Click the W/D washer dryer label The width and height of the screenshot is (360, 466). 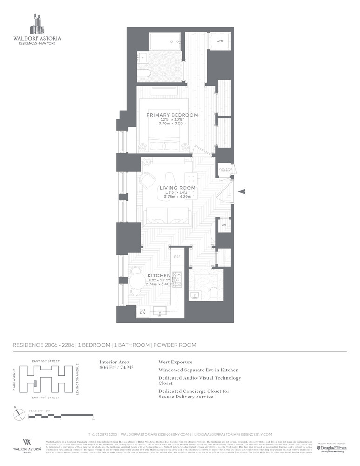pos(219,42)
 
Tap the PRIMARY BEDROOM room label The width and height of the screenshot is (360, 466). pos(172,115)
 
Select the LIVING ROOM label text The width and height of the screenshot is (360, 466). pos(177,188)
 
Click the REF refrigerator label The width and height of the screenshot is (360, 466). pos(177,257)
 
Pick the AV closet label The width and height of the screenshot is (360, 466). pos(224,225)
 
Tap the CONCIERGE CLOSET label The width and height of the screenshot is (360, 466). pos(225,170)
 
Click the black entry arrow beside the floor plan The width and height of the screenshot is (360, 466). pos(242,191)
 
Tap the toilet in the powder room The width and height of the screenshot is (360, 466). pos(214,293)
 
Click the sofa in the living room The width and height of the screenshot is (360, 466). pos(168,215)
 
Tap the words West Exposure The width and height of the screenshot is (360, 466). pos(176,362)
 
